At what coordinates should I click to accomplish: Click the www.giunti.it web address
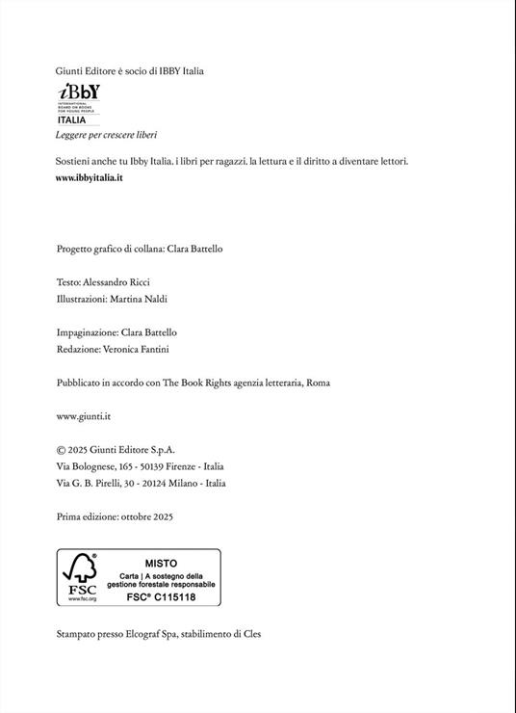coord(85,416)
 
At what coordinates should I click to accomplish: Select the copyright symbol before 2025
coord(62,449)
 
